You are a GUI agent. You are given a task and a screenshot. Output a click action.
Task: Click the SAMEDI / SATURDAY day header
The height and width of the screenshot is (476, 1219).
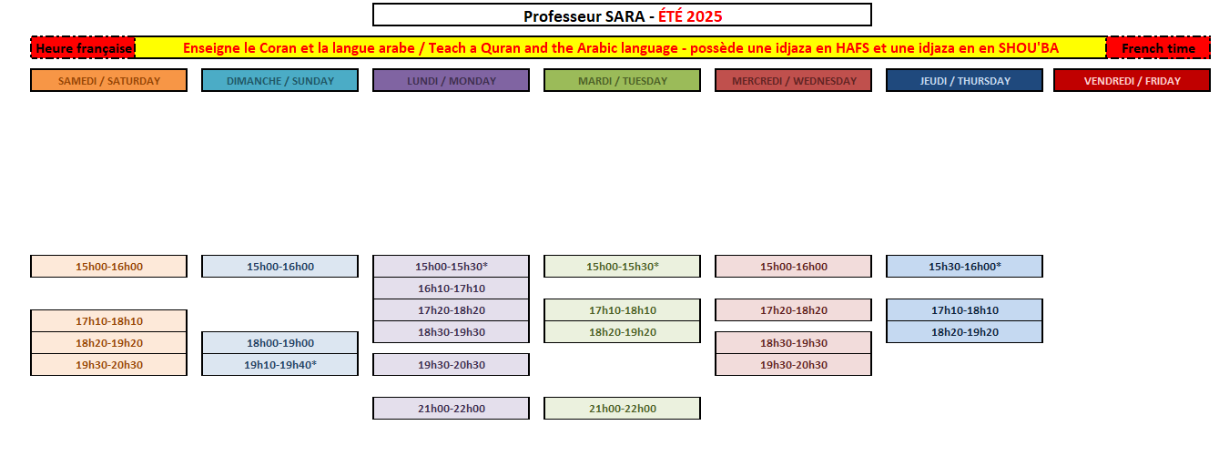[x=109, y=80]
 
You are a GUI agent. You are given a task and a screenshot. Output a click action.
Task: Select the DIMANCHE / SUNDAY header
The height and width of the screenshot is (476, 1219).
[x=279, y=80]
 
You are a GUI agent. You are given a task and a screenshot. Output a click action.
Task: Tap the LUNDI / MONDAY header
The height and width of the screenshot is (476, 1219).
[x=452, y=80]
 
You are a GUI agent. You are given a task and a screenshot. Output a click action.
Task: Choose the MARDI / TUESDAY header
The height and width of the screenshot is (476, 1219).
[x=622, y=80]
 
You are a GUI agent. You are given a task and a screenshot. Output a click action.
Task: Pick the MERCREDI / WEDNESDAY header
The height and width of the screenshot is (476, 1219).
[x=794, y=80]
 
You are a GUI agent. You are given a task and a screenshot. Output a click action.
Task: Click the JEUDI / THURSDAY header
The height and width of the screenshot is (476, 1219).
[x=964, y=80]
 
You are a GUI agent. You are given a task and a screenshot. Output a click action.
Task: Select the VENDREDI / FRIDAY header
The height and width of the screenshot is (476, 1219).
[x=1132, y=80]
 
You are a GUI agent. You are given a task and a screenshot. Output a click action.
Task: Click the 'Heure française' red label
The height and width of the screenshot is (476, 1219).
[x=83, y=48]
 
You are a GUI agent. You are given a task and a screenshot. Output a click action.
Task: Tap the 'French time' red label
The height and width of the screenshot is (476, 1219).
[x=1159, y=48]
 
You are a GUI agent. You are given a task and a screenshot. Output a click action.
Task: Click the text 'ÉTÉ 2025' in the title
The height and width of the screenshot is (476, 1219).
[x=690, y=16]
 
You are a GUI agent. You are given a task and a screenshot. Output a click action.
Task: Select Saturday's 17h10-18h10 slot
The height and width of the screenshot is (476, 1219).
[x=109, y=321]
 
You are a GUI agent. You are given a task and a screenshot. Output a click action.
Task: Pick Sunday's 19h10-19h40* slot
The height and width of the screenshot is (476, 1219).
[x=279, y=364]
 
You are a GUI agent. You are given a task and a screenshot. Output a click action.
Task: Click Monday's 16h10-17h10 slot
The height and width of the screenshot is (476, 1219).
[x=452, y=289]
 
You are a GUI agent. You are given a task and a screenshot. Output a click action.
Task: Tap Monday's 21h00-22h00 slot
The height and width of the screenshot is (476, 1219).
[x=452, y=409]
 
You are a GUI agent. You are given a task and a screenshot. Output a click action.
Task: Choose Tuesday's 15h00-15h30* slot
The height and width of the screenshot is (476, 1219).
[x=622, y=267]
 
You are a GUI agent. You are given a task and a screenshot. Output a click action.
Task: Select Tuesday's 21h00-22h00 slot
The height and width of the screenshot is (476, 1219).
[x=622, y=409]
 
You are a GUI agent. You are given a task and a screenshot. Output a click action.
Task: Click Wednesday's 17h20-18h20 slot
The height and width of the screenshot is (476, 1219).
[x=794, y=310]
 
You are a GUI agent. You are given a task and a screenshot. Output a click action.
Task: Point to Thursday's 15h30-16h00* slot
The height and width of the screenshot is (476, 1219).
[x=964, y=267]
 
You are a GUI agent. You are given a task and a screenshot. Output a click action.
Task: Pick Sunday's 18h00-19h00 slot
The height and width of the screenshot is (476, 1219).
[x=279, y=343]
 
